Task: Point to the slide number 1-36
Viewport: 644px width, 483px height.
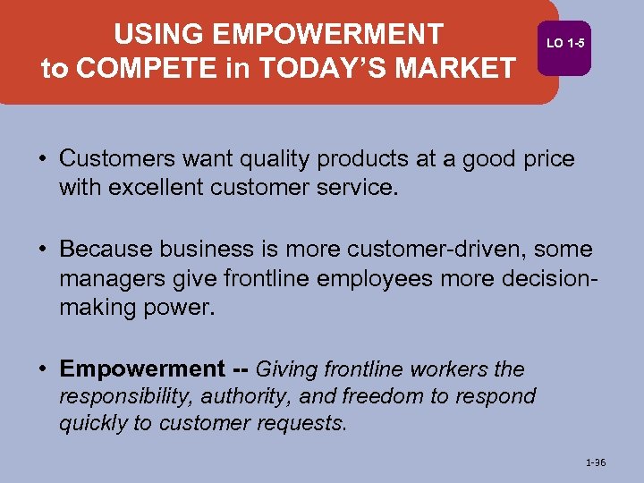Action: point(595,462)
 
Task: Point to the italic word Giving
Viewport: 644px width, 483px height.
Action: point(287,369)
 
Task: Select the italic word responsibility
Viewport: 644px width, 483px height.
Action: point(125,395)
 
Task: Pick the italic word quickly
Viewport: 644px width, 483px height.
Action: point(93,422)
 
